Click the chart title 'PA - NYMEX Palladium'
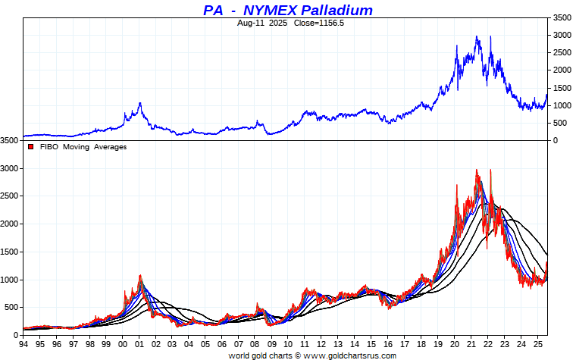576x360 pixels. pos(288,10)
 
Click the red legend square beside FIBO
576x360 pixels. pos(30,147)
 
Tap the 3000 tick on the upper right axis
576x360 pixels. pos(561,35)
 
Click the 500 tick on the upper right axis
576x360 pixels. pos(559,123)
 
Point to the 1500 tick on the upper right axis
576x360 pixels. pos(561,88)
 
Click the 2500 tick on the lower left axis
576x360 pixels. pos(10,196)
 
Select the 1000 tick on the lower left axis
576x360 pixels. pos(10,280)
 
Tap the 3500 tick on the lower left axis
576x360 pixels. pos(10,141)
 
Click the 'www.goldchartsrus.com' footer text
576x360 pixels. pos(348,355)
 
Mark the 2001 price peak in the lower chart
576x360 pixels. pos(140,275)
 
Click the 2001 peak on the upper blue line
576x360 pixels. pos(140,102)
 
